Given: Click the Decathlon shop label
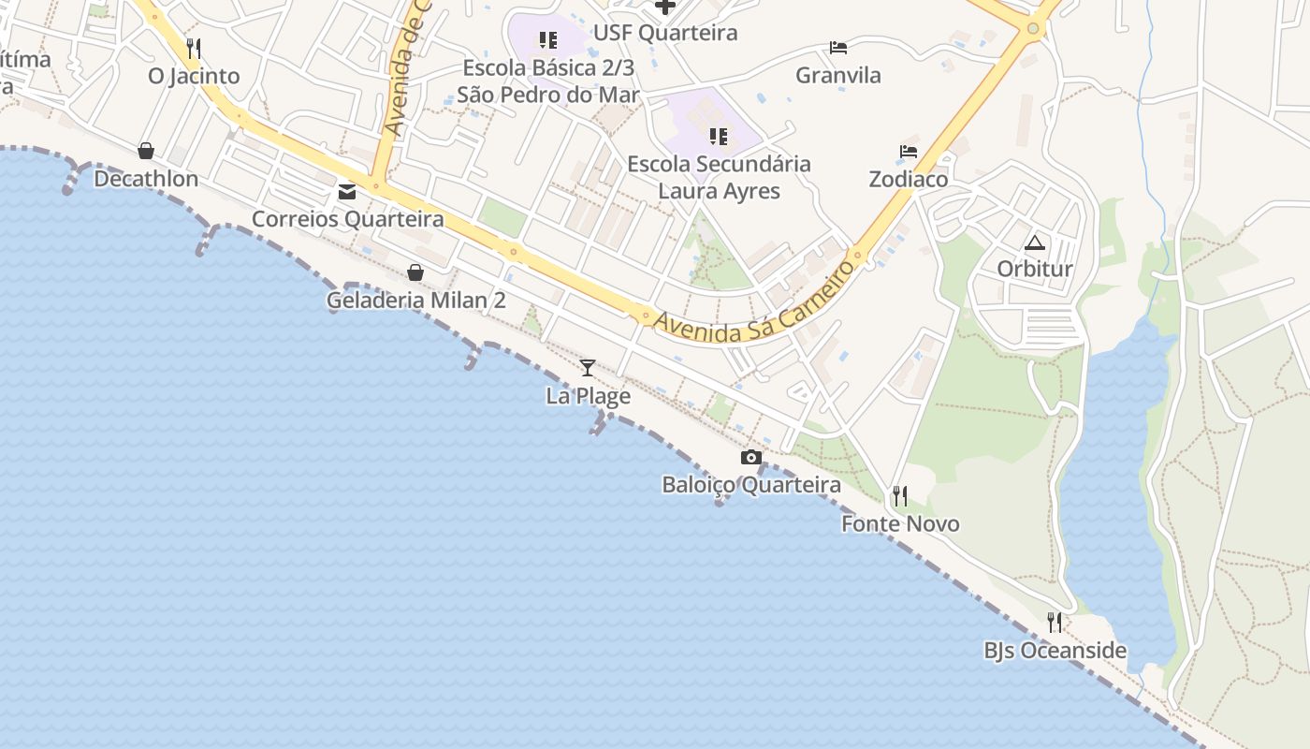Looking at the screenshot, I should [x=146, y=179].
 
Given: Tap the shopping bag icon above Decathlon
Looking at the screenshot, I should [x=146, y=151].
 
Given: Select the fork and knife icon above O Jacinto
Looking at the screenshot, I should [x=194, y=48].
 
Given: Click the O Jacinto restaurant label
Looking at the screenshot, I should [x=194, y=76].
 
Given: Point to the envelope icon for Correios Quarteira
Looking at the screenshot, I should [x=347, y=192].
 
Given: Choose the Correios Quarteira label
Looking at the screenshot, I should [x=347, y=219].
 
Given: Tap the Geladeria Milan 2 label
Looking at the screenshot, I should [x=415, y=301].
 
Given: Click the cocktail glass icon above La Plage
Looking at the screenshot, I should [x=588, y=367].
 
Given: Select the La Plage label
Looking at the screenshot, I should [x=588, y=396].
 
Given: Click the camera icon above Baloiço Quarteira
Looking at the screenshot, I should [x=750, y=457].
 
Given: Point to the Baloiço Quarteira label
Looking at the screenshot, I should [x=750, y=485].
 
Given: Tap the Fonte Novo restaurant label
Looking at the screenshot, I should [x=900, y=523].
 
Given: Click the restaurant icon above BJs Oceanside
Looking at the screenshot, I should [x=1055, y=622].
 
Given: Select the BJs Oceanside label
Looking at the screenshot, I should [x=1055, y=651].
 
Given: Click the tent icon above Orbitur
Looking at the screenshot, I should [x=1034, y=243].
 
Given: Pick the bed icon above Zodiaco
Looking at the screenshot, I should [x=908, y=151].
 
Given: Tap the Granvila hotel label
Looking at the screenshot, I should [x=837, y=76].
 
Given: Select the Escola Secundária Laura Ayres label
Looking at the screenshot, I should [x=719, y=177].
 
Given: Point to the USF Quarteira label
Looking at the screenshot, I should [x=665, y=33].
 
